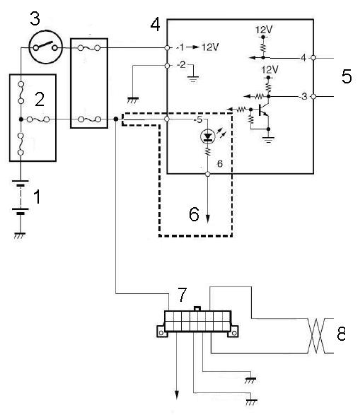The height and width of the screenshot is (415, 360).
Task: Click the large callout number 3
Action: tap(35, 18)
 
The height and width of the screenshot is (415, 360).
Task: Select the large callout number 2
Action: tap(40, 100)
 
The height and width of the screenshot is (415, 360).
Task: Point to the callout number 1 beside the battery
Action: tap(37, 197)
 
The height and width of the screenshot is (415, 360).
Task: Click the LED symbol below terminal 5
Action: tap(208, 136)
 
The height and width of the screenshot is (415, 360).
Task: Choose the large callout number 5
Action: tap(347, 76)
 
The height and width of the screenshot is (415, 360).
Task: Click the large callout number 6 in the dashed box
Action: tap(194, 214)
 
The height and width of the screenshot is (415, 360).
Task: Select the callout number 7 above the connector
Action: tap(182, 295)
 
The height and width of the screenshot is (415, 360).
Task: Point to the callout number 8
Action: tap(341, 334)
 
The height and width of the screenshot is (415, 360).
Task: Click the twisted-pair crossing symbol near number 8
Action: tap(316, 336)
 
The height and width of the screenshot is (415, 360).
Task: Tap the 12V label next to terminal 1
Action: tap(210, 47)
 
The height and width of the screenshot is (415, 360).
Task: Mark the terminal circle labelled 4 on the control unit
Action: tap(313, 57)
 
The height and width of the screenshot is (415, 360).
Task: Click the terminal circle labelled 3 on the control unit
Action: tap(313, 97)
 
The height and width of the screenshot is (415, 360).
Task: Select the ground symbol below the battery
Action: tap(20, 235)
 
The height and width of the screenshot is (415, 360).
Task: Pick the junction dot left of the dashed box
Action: tap(116, 119)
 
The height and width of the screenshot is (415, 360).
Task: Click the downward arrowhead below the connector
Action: tap(177, 395)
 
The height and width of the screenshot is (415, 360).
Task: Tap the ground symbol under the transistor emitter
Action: tap(269, 139)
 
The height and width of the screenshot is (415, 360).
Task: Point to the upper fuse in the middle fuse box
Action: tap(89, 47)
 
